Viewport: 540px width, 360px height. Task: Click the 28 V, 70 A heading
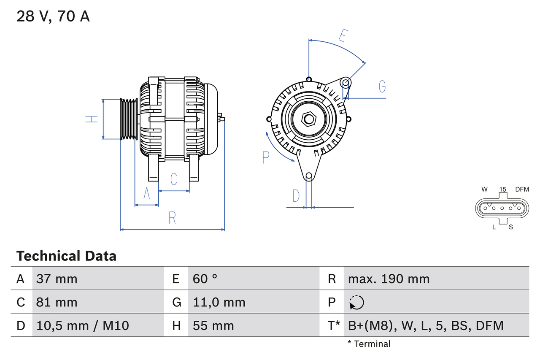(53, 16)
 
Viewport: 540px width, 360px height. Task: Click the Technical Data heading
(66, 256)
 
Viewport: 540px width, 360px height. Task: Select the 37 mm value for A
(57, 279)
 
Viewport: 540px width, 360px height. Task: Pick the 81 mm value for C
(57, 302)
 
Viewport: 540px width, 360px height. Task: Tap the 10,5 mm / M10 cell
(83, 325)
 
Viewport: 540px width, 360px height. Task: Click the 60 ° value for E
(205, 279)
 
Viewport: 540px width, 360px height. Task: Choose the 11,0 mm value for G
(219, 302)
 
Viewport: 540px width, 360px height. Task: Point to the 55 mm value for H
(213, 325)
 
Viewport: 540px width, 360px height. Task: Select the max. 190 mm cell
(389, 279)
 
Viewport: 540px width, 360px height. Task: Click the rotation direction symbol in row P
(356, 302)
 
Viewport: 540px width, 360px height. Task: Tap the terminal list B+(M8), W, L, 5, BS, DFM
(426, 325)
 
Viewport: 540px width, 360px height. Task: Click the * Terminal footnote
(369, 344)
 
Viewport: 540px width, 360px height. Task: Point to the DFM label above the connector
(521, 189)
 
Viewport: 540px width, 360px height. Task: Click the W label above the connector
(485, 189)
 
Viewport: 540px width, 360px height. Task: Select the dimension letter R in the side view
(172, 218)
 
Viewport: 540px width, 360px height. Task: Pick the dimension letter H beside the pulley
(92, 119)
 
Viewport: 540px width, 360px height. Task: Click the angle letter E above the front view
(344, 36)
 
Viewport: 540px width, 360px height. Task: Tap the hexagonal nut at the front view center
(309, 119)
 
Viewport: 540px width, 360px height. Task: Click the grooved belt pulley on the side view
(129, 119)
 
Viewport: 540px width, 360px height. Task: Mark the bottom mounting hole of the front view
(309, 176)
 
